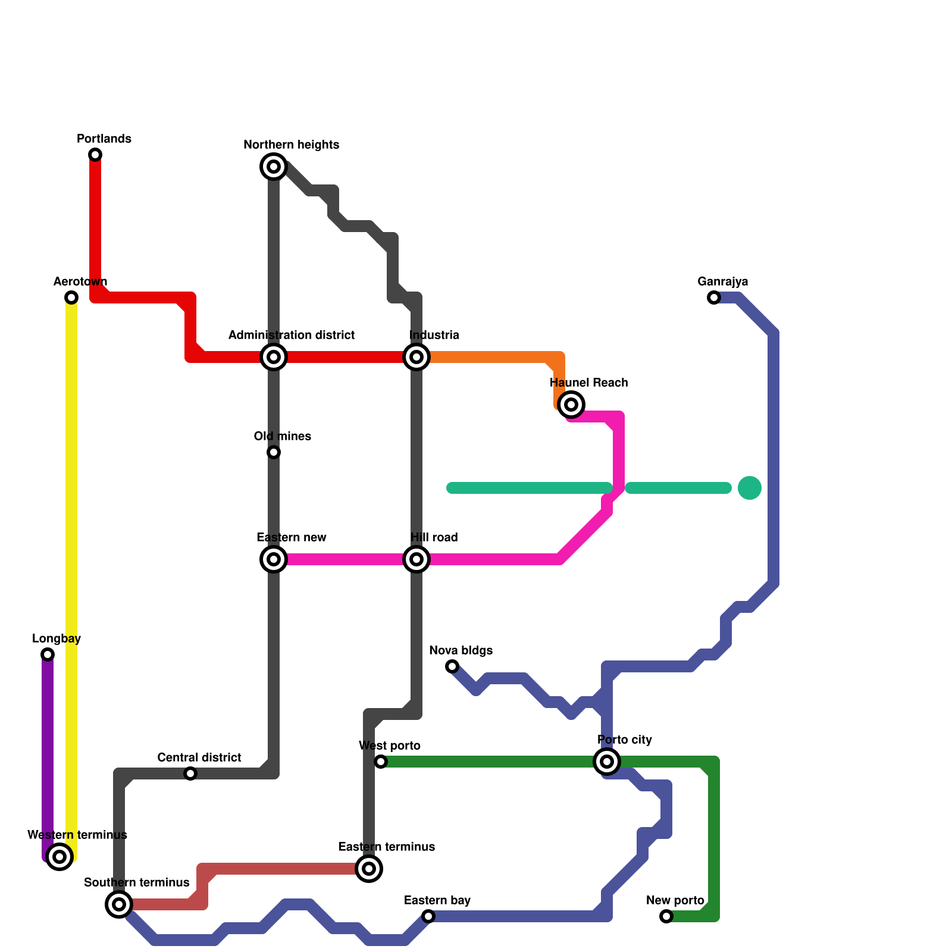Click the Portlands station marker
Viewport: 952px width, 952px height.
pyautogui.click(x=95, y=155)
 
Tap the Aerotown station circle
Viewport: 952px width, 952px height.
pyautogui.click(x=71, y=297)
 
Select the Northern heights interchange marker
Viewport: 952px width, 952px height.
pyautogui.click(x=274, y=167)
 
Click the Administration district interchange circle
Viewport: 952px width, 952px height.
pyautogui.click(x=274, y=357)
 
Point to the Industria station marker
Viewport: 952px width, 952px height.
pyautogui.click(x=416, y=357)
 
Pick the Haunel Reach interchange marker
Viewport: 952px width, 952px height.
pyautogui.click(x=571, y=405)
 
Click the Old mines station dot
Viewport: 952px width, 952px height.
pyautogui.click(x=274, y=452)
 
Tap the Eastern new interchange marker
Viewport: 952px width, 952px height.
pyautogui.click(x=274, y=559)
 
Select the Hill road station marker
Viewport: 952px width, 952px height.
pyautogui.click(x=416, y=559)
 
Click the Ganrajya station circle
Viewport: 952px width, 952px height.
pyautogui.click(x=714, y=297)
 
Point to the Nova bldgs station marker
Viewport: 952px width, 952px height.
pyautogui.click(x=452, y=666)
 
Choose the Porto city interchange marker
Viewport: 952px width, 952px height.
pyautogui.click(x=607, y=762)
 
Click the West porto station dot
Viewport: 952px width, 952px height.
pyautogui.click(x=381, y=762)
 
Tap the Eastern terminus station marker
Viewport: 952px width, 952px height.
pyautogui.click(x=369, y=869)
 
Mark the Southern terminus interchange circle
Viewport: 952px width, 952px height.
pyautogui.click(x=119, y=904)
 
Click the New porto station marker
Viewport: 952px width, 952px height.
pyautogui.click(x=666, y=916)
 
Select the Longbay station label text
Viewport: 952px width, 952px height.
pyautogui.click(x=57, y=639)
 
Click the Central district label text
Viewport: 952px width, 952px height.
pyautogui.click(x=199, y=757)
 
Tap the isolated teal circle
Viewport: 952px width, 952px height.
pyautogui.click(x=750, y=488)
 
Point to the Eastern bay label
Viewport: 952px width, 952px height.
pyautogui.click(x=437, y=900)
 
